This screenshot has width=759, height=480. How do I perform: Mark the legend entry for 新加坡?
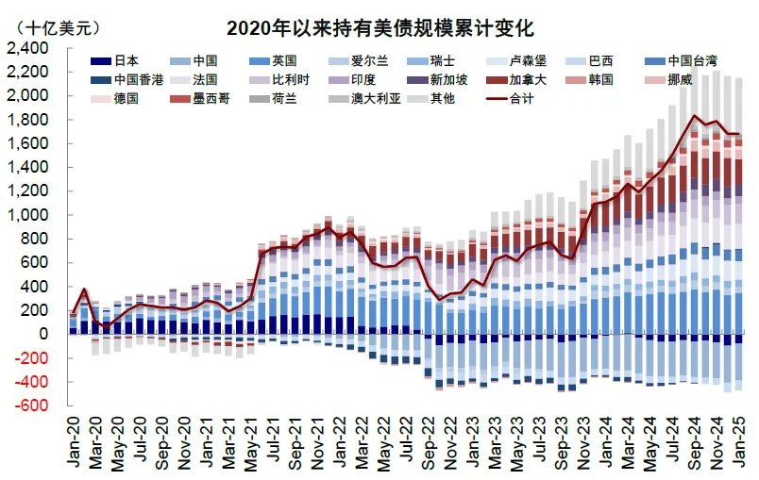tap(447, 80)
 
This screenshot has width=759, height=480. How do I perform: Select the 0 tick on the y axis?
tap(43, 334)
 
